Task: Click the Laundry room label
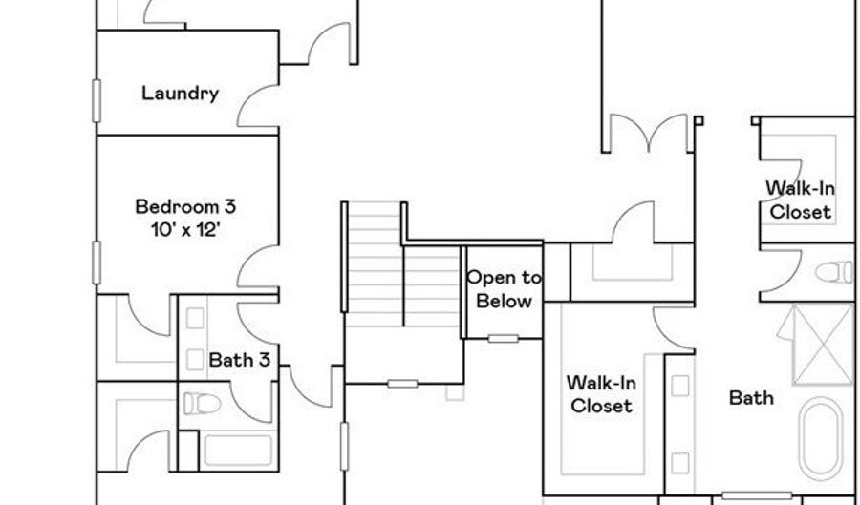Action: pos(180,94)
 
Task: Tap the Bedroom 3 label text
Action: pos(185,206)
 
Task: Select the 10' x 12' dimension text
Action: pos(185,230)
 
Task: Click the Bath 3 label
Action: pos(240,360)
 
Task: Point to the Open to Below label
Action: pos(504,289)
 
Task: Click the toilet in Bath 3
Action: pos(202,404)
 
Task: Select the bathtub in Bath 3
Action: pos(238,451)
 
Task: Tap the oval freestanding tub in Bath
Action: pos(821,439)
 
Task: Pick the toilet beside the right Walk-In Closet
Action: pos(834,273)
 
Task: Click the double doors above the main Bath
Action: pos(648,133)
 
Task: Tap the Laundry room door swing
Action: pos(258,106)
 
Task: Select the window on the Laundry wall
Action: pos(97,101)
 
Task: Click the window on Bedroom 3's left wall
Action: pos(97,263)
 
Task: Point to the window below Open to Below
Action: pos(503,339)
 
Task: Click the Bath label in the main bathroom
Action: pos(751,398)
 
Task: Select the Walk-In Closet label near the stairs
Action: pos(601,394)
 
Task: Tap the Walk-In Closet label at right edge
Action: pos(800,200)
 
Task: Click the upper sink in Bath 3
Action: pos(195,318)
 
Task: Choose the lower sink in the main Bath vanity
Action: pos(680,463)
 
